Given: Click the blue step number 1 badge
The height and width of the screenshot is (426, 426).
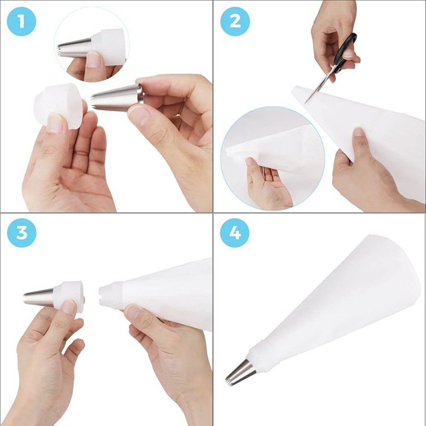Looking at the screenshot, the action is (21, 21).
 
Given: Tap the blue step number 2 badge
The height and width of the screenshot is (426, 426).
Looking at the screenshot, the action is (235, 21).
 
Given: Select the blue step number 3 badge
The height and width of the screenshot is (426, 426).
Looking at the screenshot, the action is (21, 233).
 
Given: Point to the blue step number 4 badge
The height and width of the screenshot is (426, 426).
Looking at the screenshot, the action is (235, 233).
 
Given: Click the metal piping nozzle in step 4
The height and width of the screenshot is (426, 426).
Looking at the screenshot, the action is (240, 372).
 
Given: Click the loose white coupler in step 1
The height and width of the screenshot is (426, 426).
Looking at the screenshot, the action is (59, 106).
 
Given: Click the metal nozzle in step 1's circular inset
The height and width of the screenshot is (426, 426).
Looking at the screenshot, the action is (75, 48).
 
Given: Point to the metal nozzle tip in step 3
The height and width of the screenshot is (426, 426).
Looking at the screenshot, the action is (38, 296).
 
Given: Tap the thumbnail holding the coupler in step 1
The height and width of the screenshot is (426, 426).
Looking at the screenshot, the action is (55, 124).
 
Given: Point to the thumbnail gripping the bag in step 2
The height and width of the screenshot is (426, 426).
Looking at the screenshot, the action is (359, 132).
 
